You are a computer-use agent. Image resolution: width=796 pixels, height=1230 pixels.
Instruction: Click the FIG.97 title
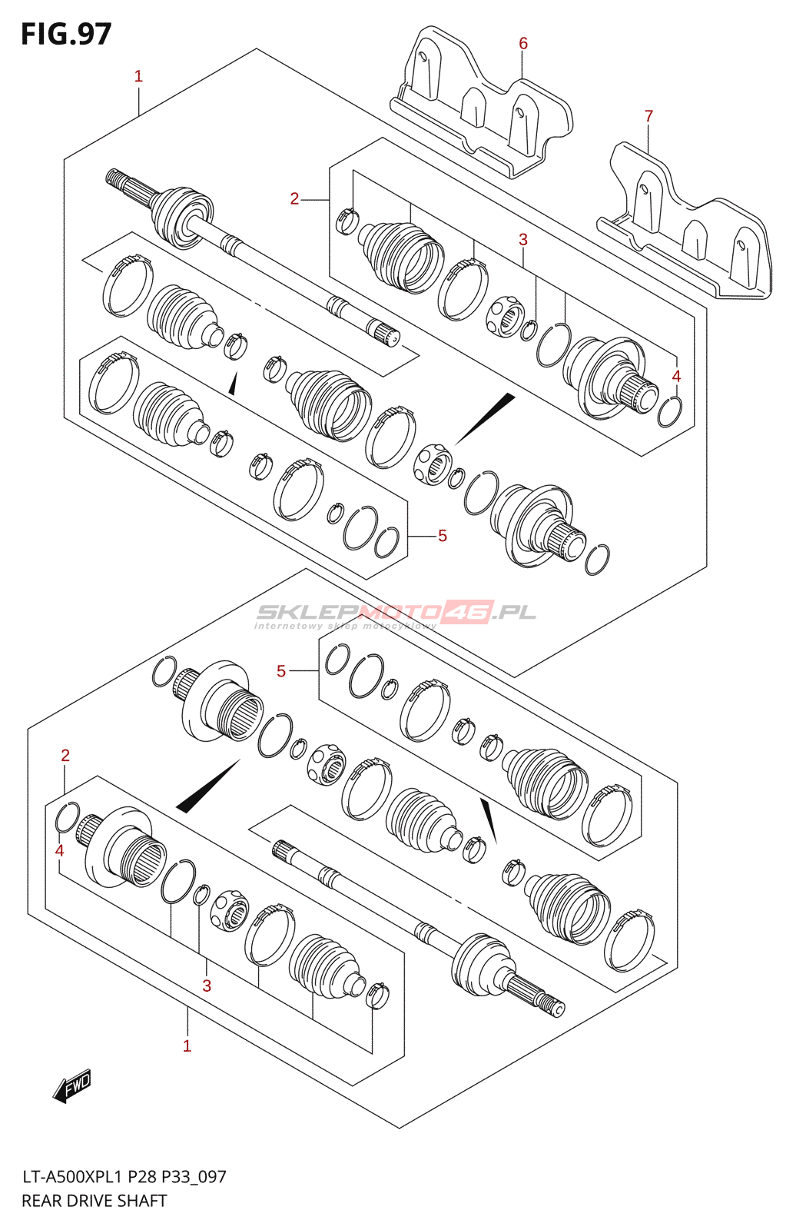pyautogui.click(x=66, y=34)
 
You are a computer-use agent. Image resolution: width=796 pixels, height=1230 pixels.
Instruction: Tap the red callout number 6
pyautogui.click(x=522, y=43)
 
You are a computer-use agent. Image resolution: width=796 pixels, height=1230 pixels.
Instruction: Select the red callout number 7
pyautogui.click(x=649, y=116)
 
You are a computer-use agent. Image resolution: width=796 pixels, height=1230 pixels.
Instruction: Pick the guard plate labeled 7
pyautogui.click(x=685, y=221)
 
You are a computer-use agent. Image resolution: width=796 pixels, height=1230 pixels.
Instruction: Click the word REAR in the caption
pyautogui.click(x=41, y=1201)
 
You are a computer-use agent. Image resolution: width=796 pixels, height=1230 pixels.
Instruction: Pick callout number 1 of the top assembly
pyautogui.click(x=138, y=76)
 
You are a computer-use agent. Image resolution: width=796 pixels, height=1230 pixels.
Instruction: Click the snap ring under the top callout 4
pyautogui.click(x=670, y=411)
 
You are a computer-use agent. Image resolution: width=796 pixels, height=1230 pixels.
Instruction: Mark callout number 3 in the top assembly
pyautogui.click(x=522, y=239)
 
